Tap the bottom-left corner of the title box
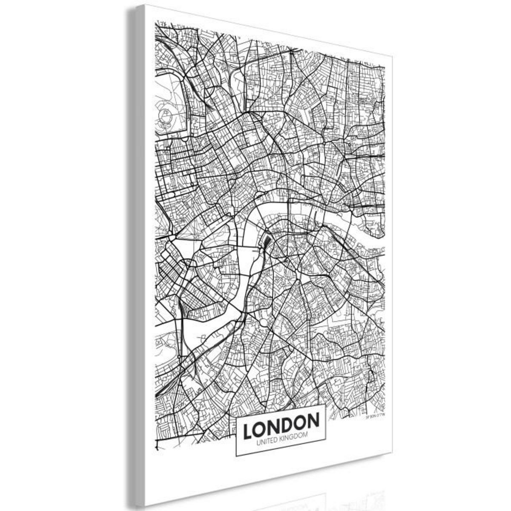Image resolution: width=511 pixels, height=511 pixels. point(236,456)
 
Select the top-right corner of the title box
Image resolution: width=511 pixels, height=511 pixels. point(326,405)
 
